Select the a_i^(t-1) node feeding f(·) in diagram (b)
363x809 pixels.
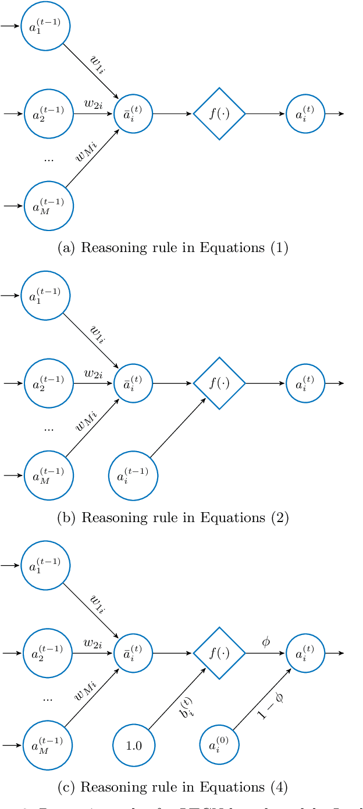[133, 476]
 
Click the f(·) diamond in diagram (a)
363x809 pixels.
[219, 113]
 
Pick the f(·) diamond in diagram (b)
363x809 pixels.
[219, 383]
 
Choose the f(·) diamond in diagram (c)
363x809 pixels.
[219, 653]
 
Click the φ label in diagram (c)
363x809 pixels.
[266, 642]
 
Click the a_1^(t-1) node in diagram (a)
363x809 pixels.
[46, 26]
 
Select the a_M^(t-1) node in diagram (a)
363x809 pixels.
[49, 206]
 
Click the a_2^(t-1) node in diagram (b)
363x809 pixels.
[49, 383]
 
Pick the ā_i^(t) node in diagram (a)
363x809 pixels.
[134, 113]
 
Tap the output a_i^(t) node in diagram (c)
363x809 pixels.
[305, 653]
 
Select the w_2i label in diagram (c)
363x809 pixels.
[93, 643]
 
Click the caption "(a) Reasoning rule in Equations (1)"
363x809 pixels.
[173, 248]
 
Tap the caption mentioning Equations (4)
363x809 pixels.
[173, 787]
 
